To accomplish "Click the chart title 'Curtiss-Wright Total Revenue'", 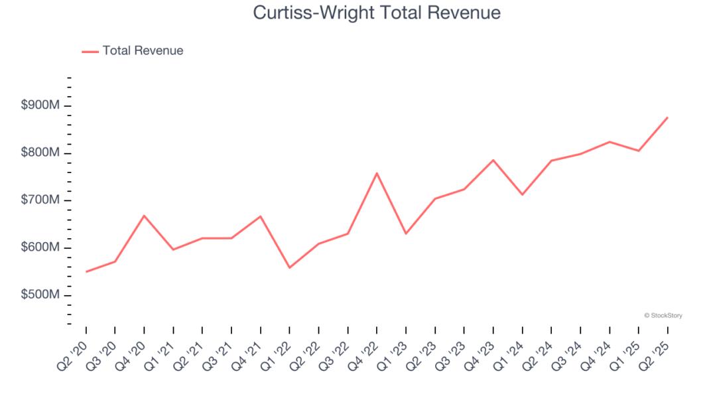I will click(377, 13).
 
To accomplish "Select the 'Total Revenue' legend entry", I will click(143, 50).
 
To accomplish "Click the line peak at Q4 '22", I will click(377, 173).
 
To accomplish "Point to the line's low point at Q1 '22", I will click(290, 268).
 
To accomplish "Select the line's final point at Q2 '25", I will click(667, 117).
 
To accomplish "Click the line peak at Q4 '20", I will click(144, 216).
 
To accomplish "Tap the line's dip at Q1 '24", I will click(522, 194).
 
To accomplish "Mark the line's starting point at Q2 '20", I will click(86, 271).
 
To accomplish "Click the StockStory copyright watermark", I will click(663, 316).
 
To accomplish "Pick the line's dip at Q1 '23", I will click(406, 233).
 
